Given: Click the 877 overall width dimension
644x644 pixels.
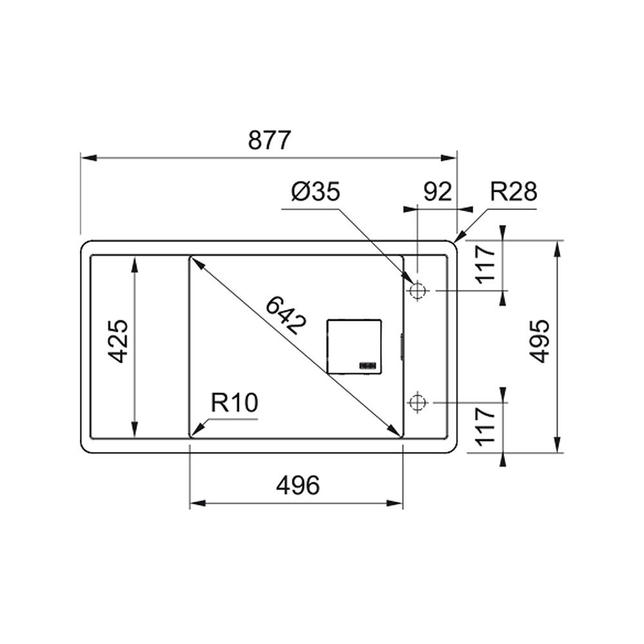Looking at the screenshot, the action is pos(269,140).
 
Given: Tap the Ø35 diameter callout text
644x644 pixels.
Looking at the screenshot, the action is pos(316,192).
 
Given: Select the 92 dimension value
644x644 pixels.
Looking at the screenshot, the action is pos(437,191).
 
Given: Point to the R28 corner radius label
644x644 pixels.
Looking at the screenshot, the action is pos(513,191).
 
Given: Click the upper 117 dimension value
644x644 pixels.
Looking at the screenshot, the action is pos(486,263).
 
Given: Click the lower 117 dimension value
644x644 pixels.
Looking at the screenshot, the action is pos(486,426).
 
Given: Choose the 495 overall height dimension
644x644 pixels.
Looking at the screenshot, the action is pos(539,341).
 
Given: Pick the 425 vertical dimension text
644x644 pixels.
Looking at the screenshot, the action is pos(118,341).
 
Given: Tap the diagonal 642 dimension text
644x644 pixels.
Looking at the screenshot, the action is pos(286,316).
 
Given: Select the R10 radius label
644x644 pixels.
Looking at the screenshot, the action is pos(234,402).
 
